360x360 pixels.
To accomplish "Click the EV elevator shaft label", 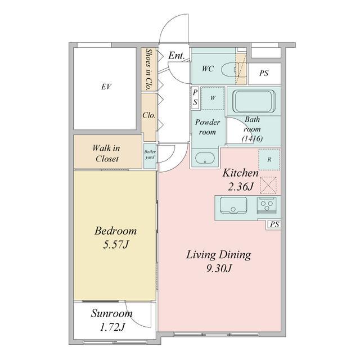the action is pyautogui.click(x=106, y=87).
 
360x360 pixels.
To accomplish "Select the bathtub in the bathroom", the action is pyautogui.click(x=254, y=101).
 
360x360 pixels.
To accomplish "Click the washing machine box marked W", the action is pyautogui.click(x=213, y=98).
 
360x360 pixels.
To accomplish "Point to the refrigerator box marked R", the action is pyautogui.click(x=269, y=159).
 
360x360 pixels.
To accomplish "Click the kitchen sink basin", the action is pyautogui.click(x=233, y=205).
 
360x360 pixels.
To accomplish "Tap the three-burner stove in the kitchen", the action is pyautogui.click(x=267, y=205).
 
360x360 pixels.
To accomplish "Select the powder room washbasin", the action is pyautogui.click(x=205, y=158).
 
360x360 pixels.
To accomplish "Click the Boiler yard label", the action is pyautogui.click(x=150, y=155).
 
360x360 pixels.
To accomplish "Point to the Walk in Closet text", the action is pyautogui.click(x=106, y=154).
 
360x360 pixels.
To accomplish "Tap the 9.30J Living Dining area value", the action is pyautogui.click(x=218, y=268).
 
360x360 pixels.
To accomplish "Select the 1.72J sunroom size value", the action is pyautogui.click(x=112, y=327).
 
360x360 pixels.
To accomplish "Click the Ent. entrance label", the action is pyautogui.click(x=177, y=56).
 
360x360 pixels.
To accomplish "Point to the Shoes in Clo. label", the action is pyautogui.click(x=149, y=69).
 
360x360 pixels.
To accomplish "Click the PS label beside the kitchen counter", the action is pyautogui.click(x=274, y=224).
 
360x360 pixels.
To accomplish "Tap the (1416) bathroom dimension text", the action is pyautogui.click(x=253, y=138).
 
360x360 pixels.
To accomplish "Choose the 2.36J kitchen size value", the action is pyautogui.click(x=240, y=187).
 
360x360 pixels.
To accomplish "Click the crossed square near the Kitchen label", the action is pyautogui.click(x=268, y=185).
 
